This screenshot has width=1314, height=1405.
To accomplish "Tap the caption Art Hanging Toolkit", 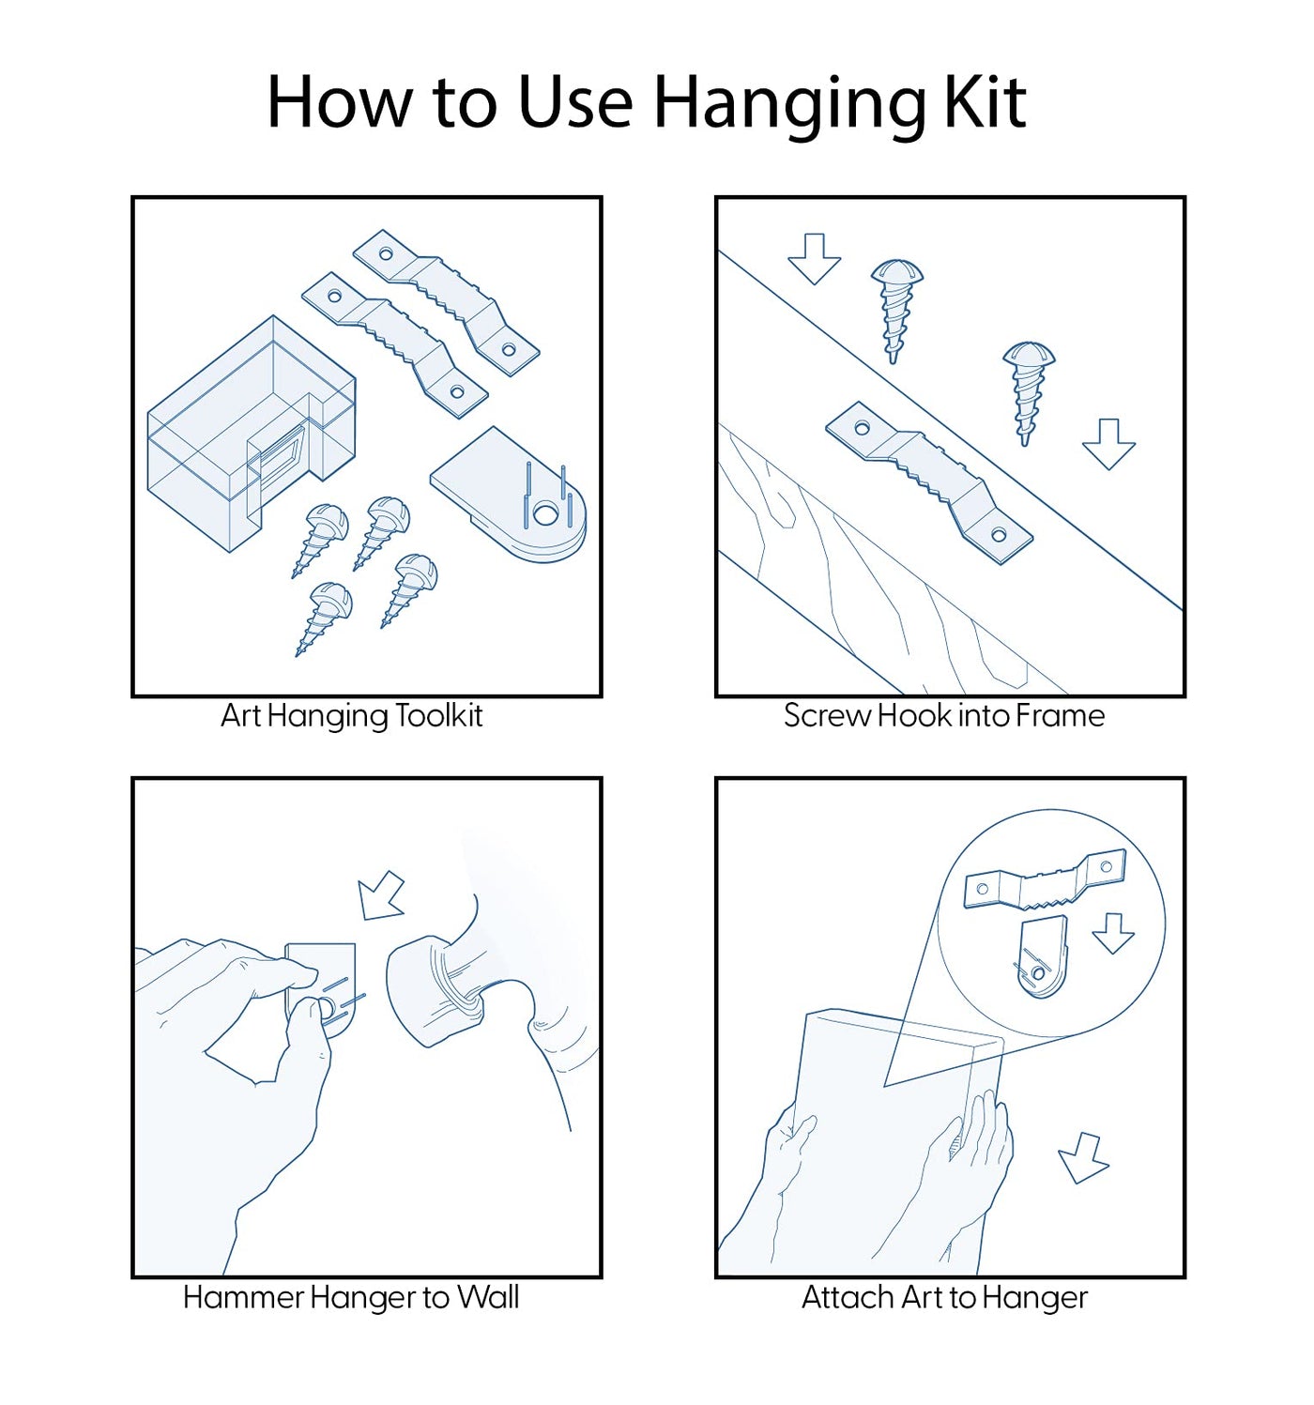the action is click(x=351, y=717).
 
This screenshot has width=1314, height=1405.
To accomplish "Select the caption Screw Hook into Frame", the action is click(x=943, y=716).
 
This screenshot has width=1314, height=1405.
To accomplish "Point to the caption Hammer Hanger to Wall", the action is click(x=351, y=1297).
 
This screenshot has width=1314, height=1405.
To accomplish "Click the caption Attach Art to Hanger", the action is click(x=944, y=1298).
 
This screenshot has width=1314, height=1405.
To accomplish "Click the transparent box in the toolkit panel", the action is click(x=252, y=433).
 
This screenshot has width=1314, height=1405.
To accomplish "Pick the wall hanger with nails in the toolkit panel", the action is click(x=509, y=493).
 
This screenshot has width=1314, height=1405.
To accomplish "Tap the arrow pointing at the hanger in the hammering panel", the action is click(x=381, y=897).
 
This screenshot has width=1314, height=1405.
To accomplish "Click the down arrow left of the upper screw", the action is click(x=813, y=258).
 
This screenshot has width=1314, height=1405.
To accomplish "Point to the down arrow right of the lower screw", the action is click(x=1108, y=444).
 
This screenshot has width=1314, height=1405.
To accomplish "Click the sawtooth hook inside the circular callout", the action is click(x=1045, y=881).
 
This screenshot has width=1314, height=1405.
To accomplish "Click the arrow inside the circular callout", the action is click(x=1113, y=933).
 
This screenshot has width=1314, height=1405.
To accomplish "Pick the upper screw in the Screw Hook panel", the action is click(x=895, y=310).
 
